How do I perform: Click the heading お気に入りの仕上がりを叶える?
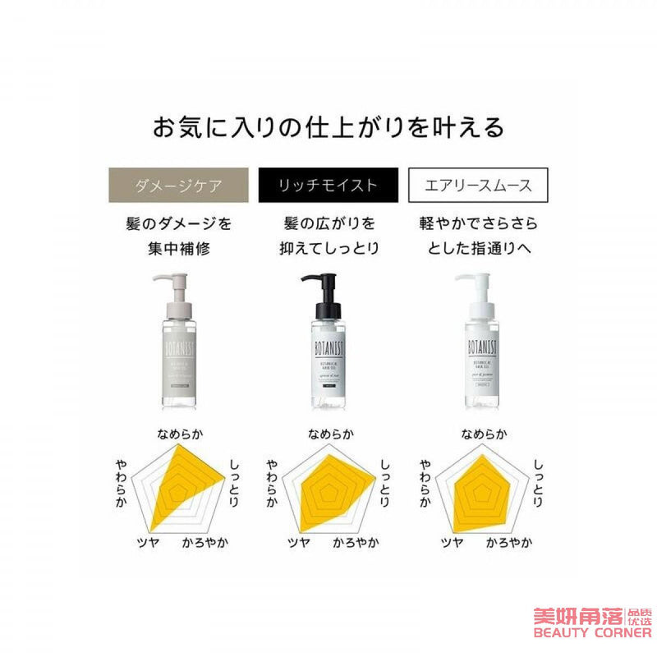coord(328,127)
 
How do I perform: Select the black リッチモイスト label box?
coord(328,185)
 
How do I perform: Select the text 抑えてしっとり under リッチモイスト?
coord(328,247)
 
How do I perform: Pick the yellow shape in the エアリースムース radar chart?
coord(480,493)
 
